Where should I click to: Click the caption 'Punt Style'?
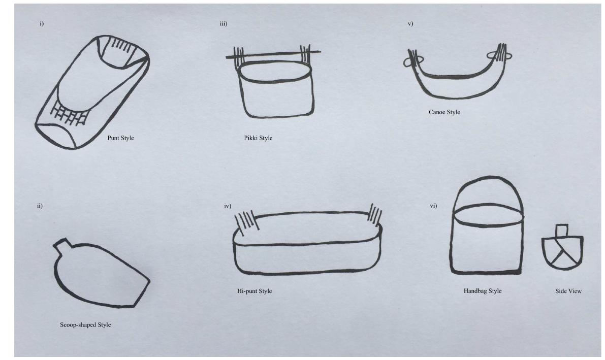[x=120, y=138]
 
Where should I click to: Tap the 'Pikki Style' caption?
[x=258, y=138]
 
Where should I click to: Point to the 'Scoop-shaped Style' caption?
[x=85, y=325]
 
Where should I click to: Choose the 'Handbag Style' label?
[x=483, y=291]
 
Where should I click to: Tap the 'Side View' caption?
[x=568, y=291]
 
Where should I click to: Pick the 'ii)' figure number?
[x=40, y=206]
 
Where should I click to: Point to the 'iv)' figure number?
[x=228, y=206]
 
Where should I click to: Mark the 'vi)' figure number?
[x=433, y=206]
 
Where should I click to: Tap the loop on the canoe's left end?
[x=408, y=61]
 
